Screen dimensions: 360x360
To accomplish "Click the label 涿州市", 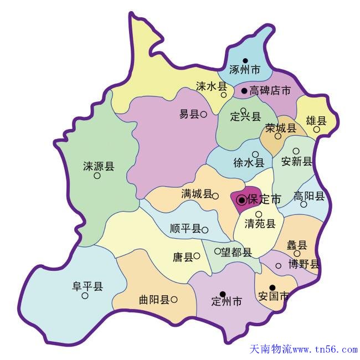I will [x=245, y=70].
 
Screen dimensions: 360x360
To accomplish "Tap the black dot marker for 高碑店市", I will [x=244, y=90].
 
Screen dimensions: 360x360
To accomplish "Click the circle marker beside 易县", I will [x=203, y=115].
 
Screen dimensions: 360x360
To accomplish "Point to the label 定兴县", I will [x=245, y=117].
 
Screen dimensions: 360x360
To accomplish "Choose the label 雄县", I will [x=316, y=120].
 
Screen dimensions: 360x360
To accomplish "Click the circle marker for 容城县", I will [x=278, y=136].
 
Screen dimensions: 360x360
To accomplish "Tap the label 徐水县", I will [x=249, y=163].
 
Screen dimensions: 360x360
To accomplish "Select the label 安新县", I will [x=297, y=161].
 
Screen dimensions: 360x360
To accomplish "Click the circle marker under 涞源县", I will [x=97, y=176].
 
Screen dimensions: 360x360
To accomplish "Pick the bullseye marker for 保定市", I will [x=241, y=199].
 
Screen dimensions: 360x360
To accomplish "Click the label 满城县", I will [x=196, y=194].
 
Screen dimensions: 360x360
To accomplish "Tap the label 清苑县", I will [x=260, y=224].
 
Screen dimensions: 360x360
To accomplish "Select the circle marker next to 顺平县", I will [x=205, y=230].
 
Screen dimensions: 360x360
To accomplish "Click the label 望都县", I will [x=236, y=252].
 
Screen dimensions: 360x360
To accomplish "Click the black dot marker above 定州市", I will [x=222, y=294].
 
